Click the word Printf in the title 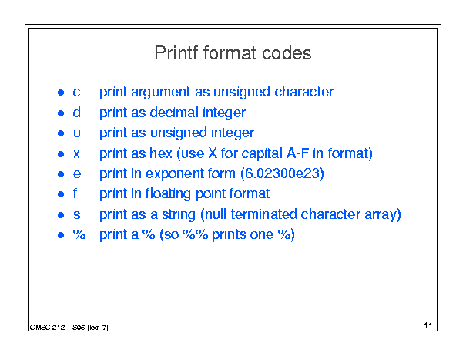click(x=176, y=53)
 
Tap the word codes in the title click(x=287, y=53)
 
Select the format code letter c click(x=76, y=93)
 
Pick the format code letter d click(x=77, y=113)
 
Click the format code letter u click(x=77, y=133)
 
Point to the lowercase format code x click(x=76, y=154)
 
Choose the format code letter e click(x=77, y=174)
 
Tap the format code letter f click(x=75, y=193)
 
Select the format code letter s click(x=77, y=215)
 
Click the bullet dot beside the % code click(x=61, y=235)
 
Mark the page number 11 click(x=428, y=325)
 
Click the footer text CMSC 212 click(x=47, y=328)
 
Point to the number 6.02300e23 click(x=283, y=173)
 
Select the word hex click(x=161, y=153)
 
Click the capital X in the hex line click(x=213, y=153)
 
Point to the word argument click(x=160, y=93)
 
